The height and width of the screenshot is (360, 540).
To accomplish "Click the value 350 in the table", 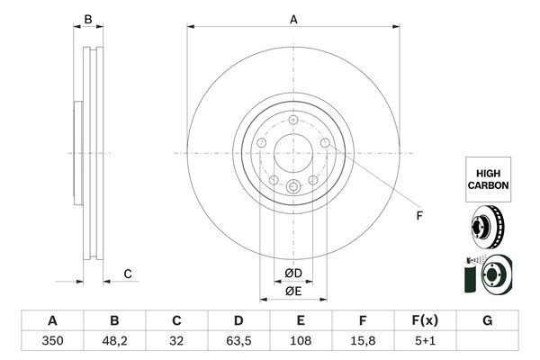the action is (x=52, y=341).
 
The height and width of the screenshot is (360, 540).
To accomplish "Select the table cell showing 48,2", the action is (x=114, y=341).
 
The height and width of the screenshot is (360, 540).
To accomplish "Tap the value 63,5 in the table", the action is (x=238, y=341).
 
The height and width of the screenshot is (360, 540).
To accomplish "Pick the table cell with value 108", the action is (x=301, y=341).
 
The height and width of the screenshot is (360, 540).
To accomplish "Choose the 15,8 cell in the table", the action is (x=363, y=341).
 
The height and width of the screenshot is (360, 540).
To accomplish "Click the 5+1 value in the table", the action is (x=425, y=341).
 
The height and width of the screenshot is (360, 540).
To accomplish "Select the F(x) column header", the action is (x=425, y=320).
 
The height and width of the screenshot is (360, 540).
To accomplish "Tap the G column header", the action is (x=487, y=320).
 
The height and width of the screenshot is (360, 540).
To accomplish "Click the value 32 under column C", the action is (x=176, y=341).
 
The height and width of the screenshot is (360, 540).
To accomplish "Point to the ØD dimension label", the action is (x=293, y=274).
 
